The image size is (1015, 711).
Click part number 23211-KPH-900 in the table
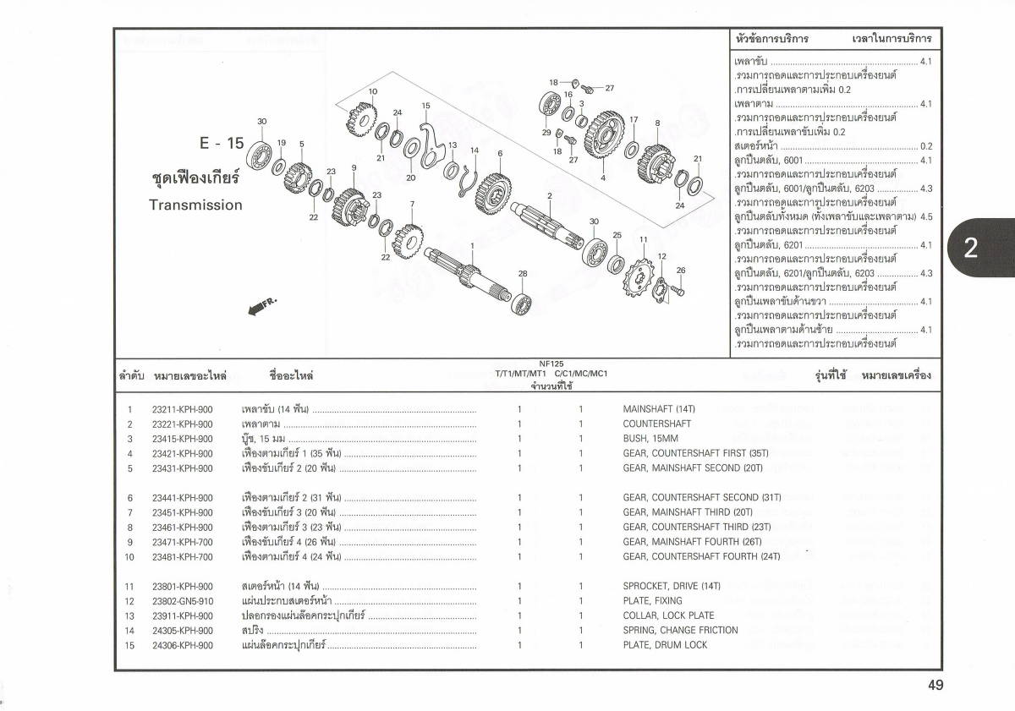[182, 409]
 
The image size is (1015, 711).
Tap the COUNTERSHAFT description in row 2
[656, 424]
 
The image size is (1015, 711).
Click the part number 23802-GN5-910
[183, 601]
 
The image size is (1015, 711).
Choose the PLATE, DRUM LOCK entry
[665, 645]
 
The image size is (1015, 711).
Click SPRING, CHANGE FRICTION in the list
[680, 630]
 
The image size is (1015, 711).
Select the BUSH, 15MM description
[650, 439]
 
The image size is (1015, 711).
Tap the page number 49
[935, 686]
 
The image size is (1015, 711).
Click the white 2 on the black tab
[970, 248]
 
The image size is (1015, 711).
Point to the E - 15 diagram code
[222, 143]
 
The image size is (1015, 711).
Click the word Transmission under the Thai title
[195, 205]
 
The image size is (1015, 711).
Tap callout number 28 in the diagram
[523, 273]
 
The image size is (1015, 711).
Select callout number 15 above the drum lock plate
[425, 106]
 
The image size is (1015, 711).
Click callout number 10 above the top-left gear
[373, 91]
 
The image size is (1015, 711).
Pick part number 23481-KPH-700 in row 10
[182, 556]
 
